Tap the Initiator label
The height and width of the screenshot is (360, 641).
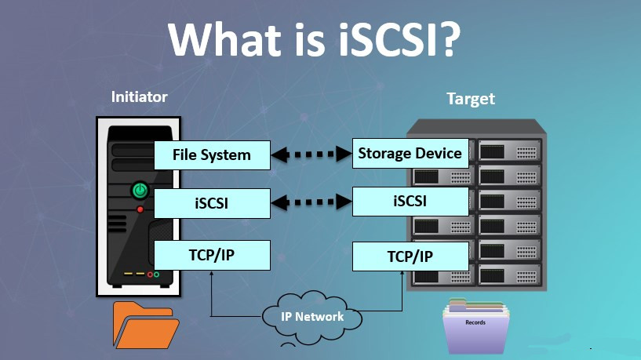pos(140,97)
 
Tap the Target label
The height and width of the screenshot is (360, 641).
pos(471,99)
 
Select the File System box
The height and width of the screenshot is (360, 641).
pos(212,155)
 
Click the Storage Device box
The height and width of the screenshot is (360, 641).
pos(410,153)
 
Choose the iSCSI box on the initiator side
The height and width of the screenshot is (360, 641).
pos(212,204)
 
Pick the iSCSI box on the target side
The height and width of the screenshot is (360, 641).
pos(410,202)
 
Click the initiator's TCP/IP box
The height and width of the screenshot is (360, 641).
pos(212,255)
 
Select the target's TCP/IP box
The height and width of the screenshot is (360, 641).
pos(410,256)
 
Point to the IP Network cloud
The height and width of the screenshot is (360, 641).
pos(312,316)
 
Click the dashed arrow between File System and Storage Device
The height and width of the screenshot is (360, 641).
pos(311,155)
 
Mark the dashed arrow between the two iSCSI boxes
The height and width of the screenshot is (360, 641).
pos(311,204)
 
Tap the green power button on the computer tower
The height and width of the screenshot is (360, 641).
pos(140,189)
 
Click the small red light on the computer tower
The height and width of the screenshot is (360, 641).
pos(140,209)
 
